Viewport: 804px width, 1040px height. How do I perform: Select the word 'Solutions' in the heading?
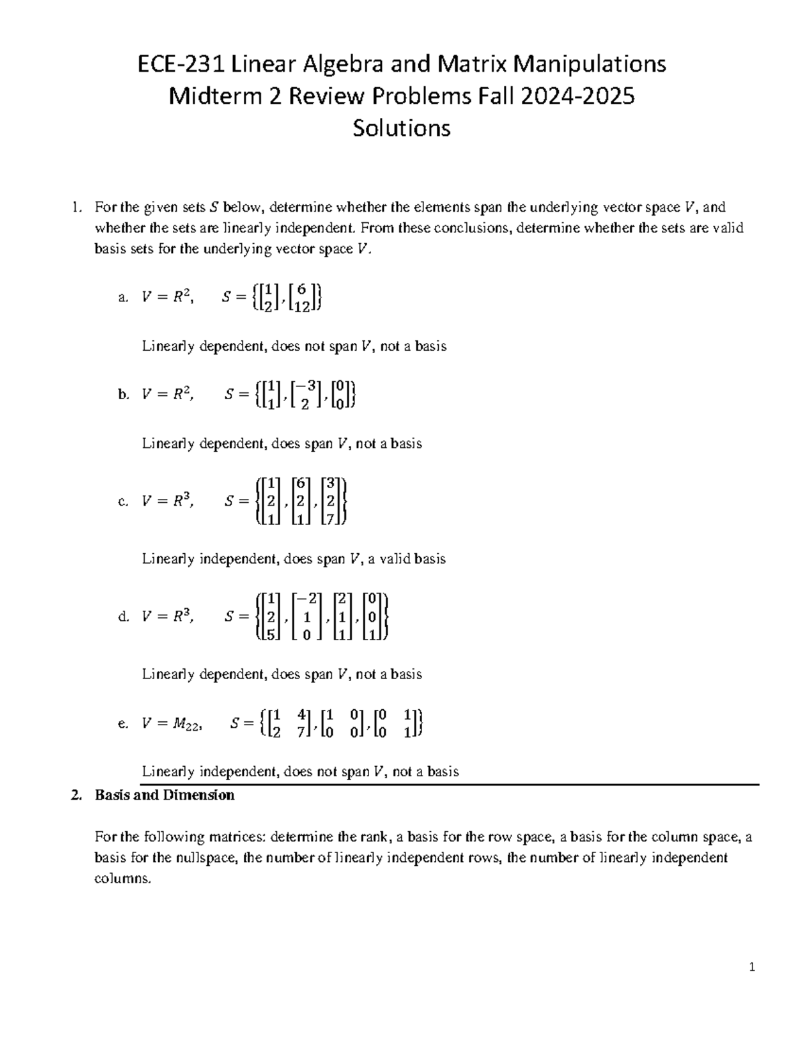point(401,128)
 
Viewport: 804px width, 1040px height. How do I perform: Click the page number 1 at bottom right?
point(753,967)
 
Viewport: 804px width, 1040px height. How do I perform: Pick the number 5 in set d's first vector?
point(271,634)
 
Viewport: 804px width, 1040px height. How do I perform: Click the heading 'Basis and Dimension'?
point(164,795)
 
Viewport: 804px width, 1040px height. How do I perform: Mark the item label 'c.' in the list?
point(123,502)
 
